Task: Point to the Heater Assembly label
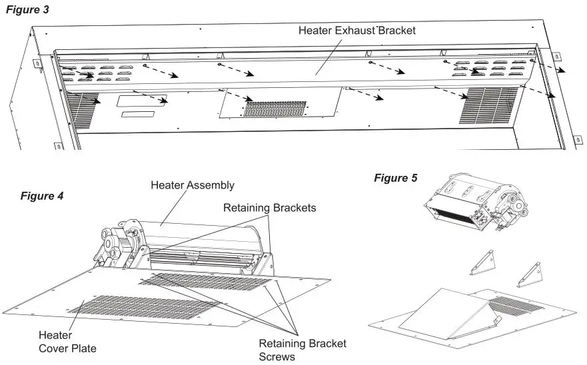tap(193, 184)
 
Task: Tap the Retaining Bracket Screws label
tap(302, 350)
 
